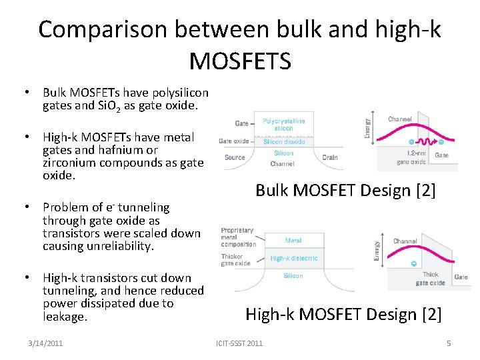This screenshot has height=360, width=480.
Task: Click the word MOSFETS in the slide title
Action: [240, 61]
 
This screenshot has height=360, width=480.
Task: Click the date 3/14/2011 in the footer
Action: [45, 343]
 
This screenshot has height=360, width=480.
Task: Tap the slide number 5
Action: [449, 343]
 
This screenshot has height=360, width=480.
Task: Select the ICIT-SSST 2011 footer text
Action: [239, 343]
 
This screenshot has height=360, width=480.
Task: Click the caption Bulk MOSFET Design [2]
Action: [345, 191]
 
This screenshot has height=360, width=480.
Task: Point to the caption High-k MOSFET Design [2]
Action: [343, 313]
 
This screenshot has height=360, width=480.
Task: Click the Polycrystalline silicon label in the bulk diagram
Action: [284, 125]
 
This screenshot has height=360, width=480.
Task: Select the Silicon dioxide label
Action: [283, 141]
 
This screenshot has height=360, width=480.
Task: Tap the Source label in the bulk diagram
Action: [235, 157]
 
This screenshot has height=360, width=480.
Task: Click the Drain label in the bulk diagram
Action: [329, 157]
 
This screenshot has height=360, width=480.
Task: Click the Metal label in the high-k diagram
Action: [293, 241]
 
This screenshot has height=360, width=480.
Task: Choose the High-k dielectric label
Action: [293, 259]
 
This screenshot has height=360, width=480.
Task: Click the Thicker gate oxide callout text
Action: [236, 259]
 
